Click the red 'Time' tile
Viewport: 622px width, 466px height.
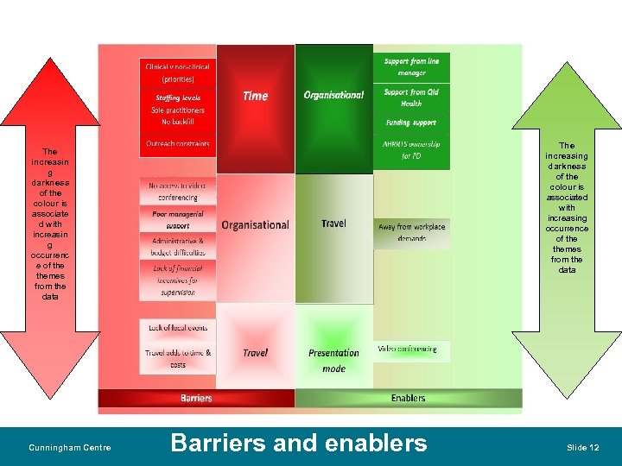point(256,97)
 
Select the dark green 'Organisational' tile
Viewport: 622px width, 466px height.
point(333,95)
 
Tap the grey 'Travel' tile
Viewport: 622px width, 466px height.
point(333,224)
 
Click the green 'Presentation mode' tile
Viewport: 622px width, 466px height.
point(333,360)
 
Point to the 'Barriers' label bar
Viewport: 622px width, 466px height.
point(196,398)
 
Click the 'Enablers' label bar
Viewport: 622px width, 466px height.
point(408,398)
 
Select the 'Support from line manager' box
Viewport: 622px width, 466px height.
point(412,67)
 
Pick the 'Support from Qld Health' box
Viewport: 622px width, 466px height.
point(412,98)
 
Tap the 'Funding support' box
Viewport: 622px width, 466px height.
point(412,123)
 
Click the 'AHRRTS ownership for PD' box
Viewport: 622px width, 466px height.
point(412,150)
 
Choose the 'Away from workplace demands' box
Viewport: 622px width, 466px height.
point(412,232)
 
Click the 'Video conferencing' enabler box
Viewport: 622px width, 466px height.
point(408,349)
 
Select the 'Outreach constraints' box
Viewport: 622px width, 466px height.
point(177,144)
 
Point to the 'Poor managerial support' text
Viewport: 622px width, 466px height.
point(177,219)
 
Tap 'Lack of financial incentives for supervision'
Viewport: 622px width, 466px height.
point(177,280)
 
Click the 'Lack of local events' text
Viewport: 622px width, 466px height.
point(177,328)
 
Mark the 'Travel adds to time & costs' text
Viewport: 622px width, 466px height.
point(177,358)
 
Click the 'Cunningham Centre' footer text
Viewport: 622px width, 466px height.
point(70,447)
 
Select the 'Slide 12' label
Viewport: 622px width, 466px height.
point(582,447)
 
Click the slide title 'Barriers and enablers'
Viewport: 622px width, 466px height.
point(299,444)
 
